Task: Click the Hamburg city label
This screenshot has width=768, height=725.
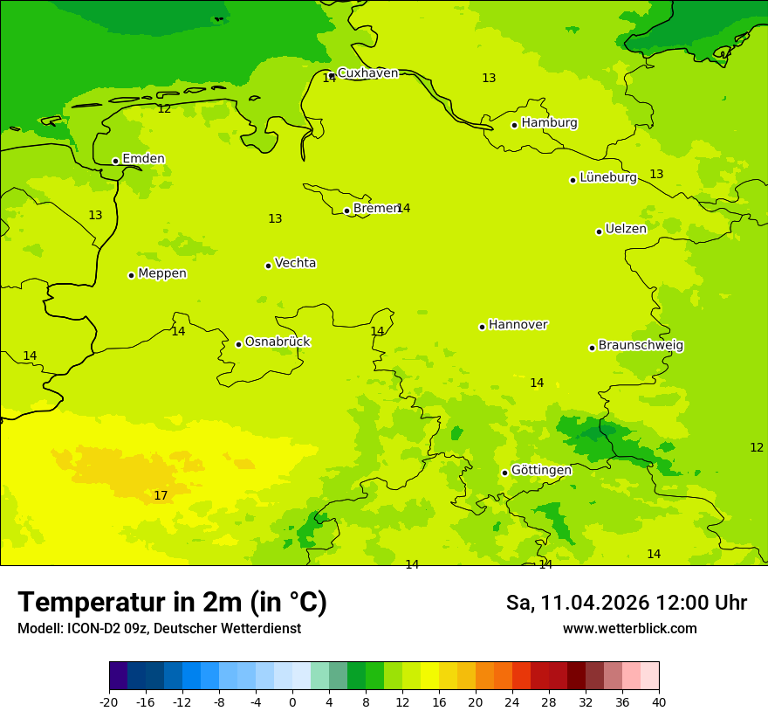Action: pos(549,123)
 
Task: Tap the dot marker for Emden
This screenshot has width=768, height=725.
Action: pos(115,161)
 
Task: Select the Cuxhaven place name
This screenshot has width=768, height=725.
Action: pos(367,73)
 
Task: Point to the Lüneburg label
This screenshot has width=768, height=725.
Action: pos(607,177)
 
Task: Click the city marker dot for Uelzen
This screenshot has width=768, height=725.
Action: pos(599,231)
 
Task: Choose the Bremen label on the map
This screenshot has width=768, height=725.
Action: pos(375,209)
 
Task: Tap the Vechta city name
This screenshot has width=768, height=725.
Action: pos(295,263)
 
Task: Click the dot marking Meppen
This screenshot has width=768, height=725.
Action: pos(131,275)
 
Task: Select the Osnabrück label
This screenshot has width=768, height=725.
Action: pos(278,342)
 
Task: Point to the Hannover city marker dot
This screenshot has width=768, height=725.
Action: pos(482,327)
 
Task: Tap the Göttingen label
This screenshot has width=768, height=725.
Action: pos(541,470)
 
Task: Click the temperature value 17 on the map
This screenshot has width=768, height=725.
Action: pos(161,496)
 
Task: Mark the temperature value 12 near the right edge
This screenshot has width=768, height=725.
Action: pos(757,447)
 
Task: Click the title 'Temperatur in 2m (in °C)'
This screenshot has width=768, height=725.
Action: pos(172,603)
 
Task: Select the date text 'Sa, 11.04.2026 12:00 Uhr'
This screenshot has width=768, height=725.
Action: pos(626,603)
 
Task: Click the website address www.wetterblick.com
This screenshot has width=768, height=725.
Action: pos(629,629)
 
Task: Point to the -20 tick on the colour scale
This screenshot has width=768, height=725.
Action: pos(109,701)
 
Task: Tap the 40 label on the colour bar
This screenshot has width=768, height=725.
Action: pos(659,701)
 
